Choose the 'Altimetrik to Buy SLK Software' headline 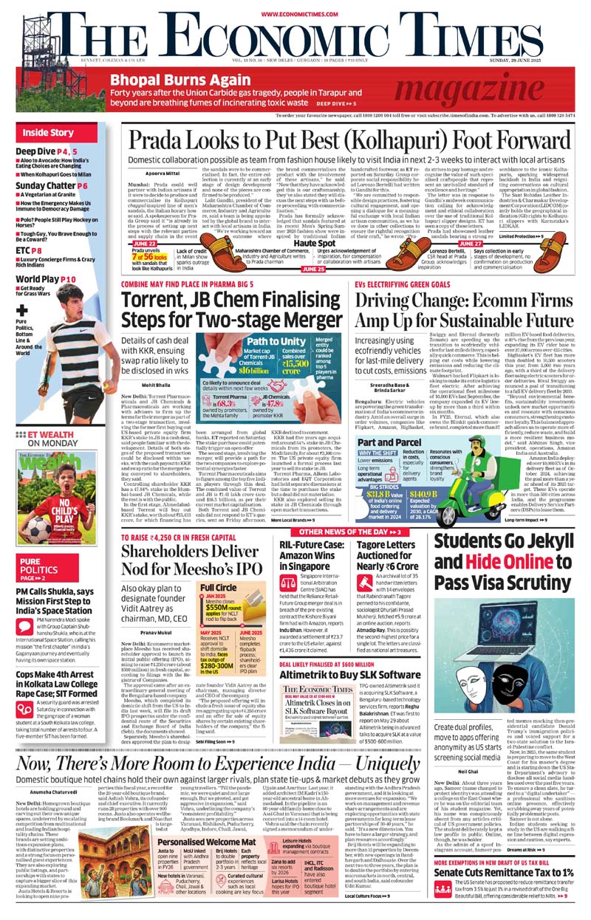point(349,675)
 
